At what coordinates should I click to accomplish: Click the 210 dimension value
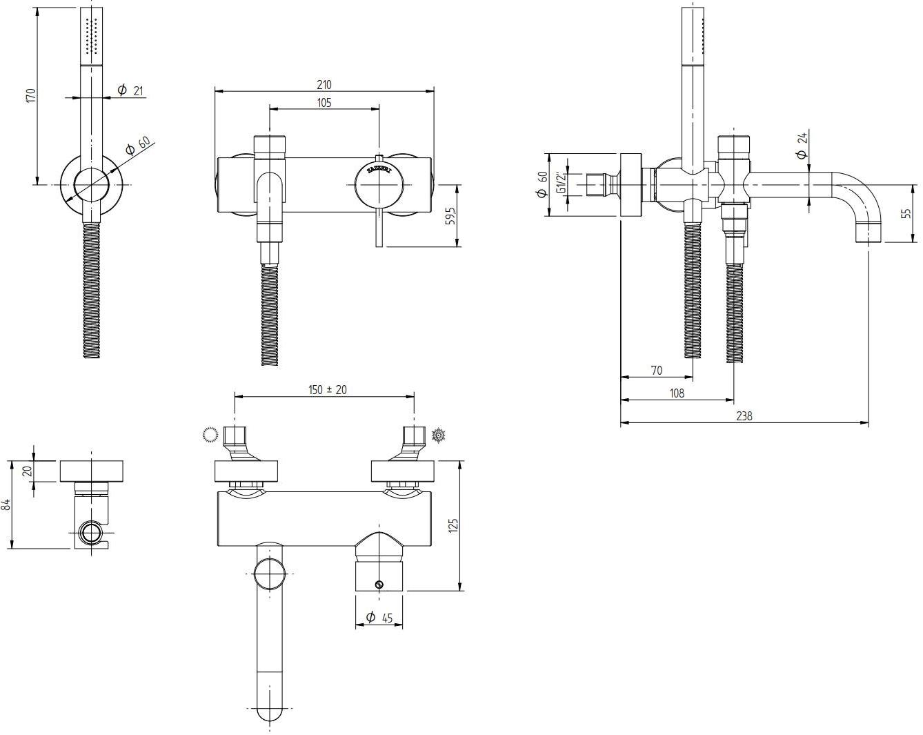[324, 85]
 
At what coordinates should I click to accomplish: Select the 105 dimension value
[324, 103]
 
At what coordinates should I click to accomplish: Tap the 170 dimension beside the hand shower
[30, 95]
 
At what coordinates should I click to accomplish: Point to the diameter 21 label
[130, 90]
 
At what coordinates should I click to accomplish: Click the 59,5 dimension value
[449, 215]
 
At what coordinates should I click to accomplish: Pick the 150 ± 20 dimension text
[327, 390]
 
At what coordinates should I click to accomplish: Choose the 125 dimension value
[453, 525]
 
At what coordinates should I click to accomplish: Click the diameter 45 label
[379, 618]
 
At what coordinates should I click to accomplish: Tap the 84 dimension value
[8, 504]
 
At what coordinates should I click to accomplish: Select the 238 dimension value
[744, 415]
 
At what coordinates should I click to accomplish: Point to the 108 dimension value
[677, 393]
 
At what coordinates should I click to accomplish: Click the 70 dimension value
[656, 371]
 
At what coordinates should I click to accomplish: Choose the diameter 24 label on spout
[802, 146]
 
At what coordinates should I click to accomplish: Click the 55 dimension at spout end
[906, 213]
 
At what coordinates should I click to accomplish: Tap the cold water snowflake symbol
[437, 435]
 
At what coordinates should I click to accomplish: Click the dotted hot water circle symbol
[210, 434]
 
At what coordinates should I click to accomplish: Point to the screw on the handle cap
[379, 585]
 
